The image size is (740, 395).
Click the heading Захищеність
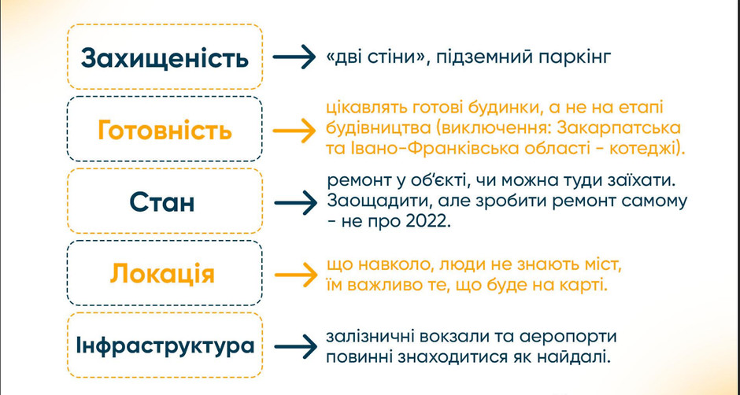coord(165,58)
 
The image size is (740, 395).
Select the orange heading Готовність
coord(165,131)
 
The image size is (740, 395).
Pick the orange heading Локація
coord(162,274)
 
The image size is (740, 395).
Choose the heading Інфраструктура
coord(165,346)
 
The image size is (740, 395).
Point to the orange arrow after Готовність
coord(293,131)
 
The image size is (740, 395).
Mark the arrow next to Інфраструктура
coord(293,346)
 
